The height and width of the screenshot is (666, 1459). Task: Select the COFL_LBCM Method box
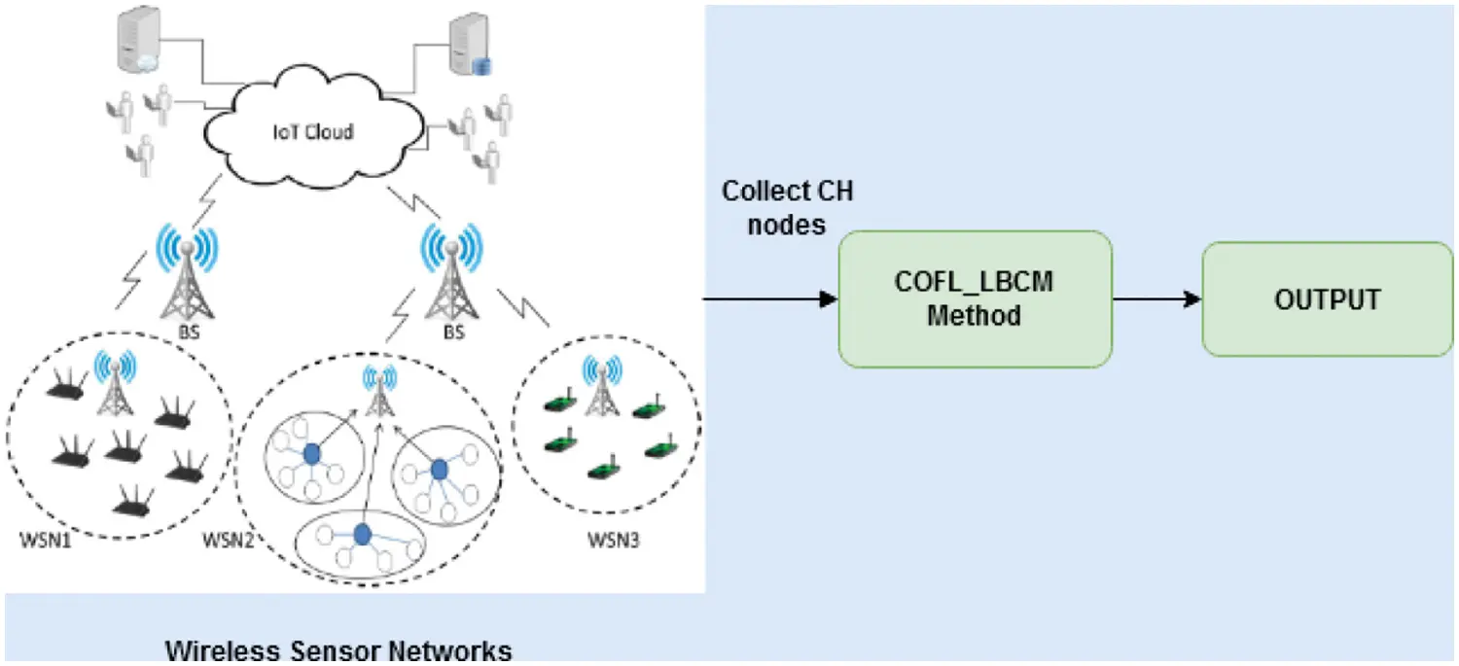click(974, 298)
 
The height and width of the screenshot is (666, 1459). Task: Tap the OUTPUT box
click(1327, 298)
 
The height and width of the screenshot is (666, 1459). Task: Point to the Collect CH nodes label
click(787, 207)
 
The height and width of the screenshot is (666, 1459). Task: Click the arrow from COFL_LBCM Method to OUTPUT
click(1157, 299)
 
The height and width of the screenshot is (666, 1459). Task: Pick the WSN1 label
click(45, 540)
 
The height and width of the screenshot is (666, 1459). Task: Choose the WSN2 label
click(228, 540)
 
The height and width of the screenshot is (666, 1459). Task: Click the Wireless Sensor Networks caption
click(338, 649)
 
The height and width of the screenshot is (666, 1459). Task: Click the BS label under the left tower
click(186, 331)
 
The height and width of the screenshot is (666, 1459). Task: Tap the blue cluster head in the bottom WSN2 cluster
click(363, 533)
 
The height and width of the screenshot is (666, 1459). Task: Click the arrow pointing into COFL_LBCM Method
click(768, 298)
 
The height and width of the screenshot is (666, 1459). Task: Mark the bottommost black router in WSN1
click(133, 504)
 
